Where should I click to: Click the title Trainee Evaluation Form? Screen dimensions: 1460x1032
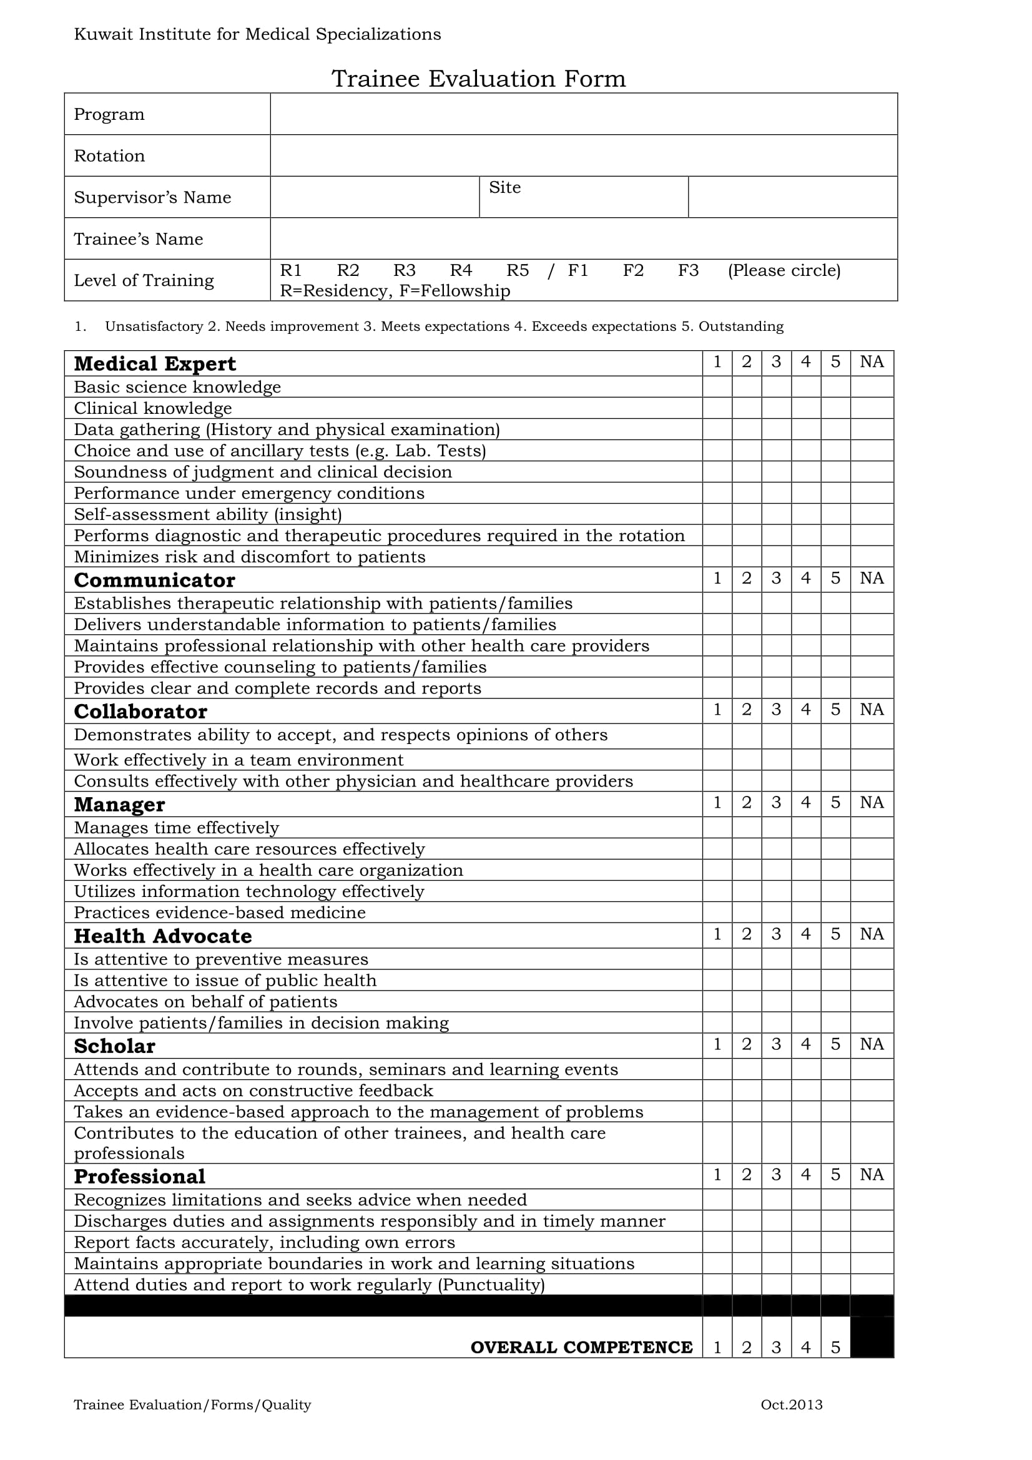[478, 79]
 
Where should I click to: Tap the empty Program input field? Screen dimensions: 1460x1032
[583, 114]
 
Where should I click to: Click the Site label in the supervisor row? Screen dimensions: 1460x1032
[504, 188]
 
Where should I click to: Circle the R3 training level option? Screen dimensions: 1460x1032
[404, 270]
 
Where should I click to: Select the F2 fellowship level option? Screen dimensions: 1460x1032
[632, 270]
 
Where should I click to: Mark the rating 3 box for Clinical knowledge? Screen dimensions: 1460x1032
[776, 408]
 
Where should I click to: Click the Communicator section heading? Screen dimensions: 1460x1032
[154, 580]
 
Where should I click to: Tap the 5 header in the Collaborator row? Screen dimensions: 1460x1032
[835, 710]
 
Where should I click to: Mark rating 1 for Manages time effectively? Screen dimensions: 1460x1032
[717, 827]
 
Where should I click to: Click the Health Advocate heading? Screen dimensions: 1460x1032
[163, 936]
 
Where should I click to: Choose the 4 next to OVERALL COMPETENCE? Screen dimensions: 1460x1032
[805, 1348]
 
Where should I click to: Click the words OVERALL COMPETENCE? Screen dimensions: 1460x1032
[581, 1348]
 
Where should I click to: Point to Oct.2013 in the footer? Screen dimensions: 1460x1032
[791, 1404]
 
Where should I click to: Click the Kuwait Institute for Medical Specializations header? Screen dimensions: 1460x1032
[257, 34]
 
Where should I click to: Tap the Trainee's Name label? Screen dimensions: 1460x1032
[139, 239]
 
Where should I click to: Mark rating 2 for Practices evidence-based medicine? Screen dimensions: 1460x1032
[747, 913]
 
